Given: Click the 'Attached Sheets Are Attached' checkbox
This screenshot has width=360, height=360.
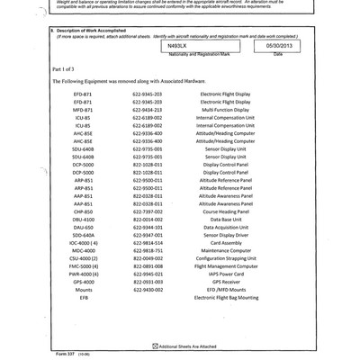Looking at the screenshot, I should coord(157,346).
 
